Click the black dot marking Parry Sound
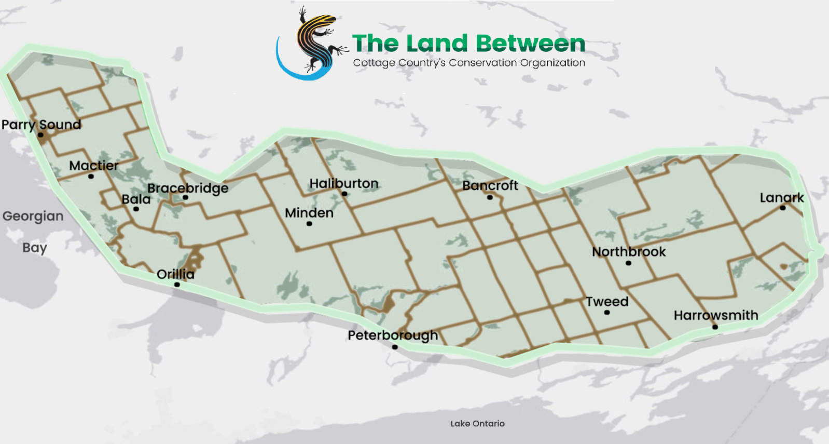(x=40, y=135)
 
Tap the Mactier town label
(x=94, y=166)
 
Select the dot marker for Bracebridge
(x=185, y=197)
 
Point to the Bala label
(x=136, y=199)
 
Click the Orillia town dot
(x=177, y=285)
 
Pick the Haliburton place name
(x=344, y=183)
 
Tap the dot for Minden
(x=309, y=224)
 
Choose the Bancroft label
(x=490, y=185)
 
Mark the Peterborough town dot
(x=395, y=347)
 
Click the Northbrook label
(x=629, y=252)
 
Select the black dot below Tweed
(x=607, y=313)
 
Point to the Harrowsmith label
(x=716, y=315)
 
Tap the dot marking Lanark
(x=782, y=208)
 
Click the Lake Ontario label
(x=477, y=424)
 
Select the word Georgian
(x=33, y=216)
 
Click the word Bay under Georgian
(x=35, y=248)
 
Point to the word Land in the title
(x=437, y=44)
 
